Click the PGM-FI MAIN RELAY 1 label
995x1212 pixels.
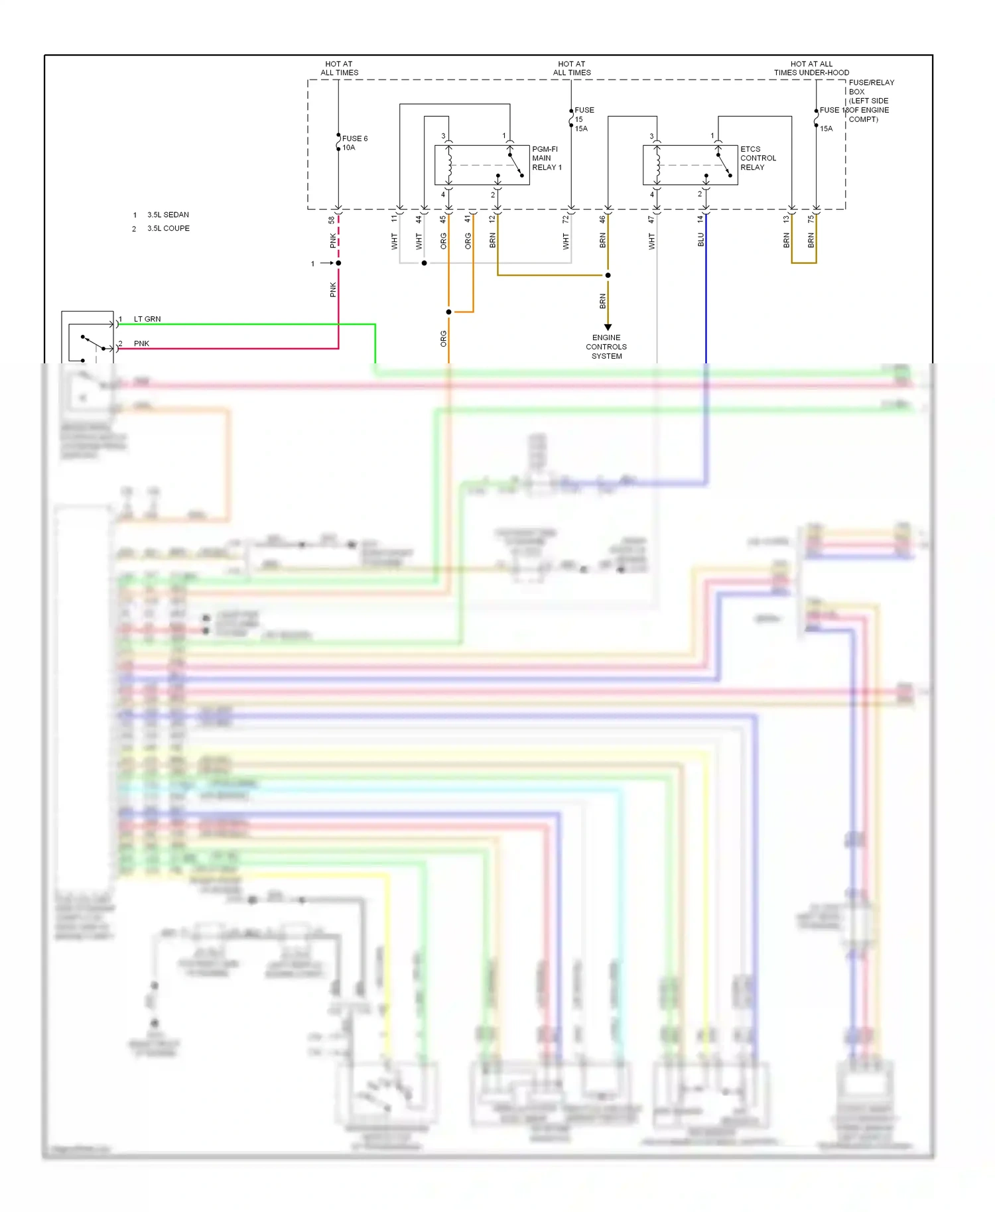(546, 158)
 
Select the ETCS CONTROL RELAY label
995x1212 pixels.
(758, 158)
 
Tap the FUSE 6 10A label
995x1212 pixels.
(354, 143)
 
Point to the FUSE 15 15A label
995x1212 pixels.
(583, 119)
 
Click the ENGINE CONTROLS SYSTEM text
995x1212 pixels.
(606, 347)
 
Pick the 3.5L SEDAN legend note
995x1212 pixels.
(168, 215)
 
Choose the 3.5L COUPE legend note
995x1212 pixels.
(168, 228)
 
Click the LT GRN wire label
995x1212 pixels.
(147, 319)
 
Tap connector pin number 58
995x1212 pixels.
(332, 219)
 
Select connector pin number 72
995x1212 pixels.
(565, 219)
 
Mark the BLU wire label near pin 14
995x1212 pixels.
(700, 240)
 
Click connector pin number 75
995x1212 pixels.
(810, 219)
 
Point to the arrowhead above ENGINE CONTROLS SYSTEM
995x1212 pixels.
(608, 327)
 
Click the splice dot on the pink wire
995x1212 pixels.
(338, 263)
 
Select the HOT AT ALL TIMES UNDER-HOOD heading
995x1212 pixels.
(811, 68)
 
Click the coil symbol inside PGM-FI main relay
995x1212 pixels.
(449, 165)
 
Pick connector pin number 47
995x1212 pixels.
(651, 219)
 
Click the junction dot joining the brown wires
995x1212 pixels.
(608, 275)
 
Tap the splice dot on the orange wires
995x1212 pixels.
(449, 312)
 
